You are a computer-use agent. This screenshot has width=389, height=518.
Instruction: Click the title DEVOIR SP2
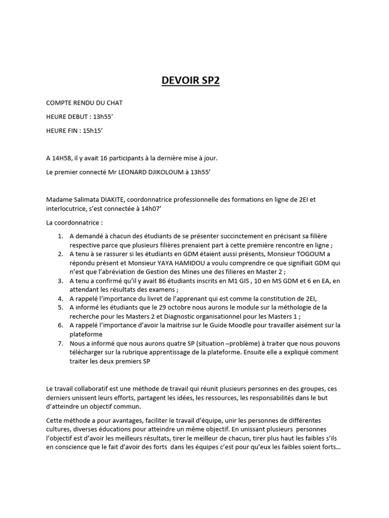point(190,80)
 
